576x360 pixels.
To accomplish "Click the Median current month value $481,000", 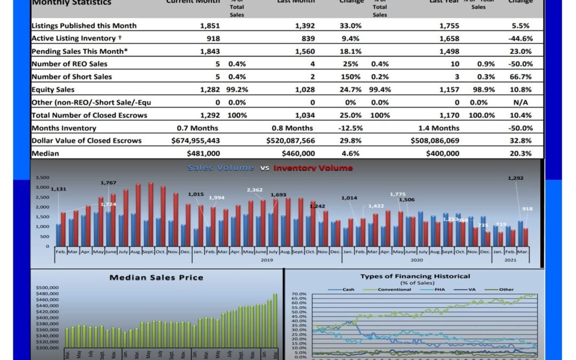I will click(x=203, y=154).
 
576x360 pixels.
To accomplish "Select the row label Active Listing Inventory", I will click(x=74, y=38).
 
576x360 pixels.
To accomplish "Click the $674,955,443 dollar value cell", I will click(x=196, y=141).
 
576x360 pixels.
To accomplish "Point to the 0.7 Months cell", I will click(x=197, y=128).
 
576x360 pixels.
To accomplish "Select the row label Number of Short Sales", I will click(x=71, y=77).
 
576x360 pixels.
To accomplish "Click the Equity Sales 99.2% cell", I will click(x=237, y=90).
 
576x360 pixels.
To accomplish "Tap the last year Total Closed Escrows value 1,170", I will click(x=449, y=115).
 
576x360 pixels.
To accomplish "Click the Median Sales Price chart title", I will click(x=156, y=277).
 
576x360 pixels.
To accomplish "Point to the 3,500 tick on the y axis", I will click(x=42, y=178).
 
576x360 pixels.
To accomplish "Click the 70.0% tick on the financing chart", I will click(x=299, y=294).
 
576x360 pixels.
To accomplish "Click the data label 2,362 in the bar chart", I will click(x=254, y=190).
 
